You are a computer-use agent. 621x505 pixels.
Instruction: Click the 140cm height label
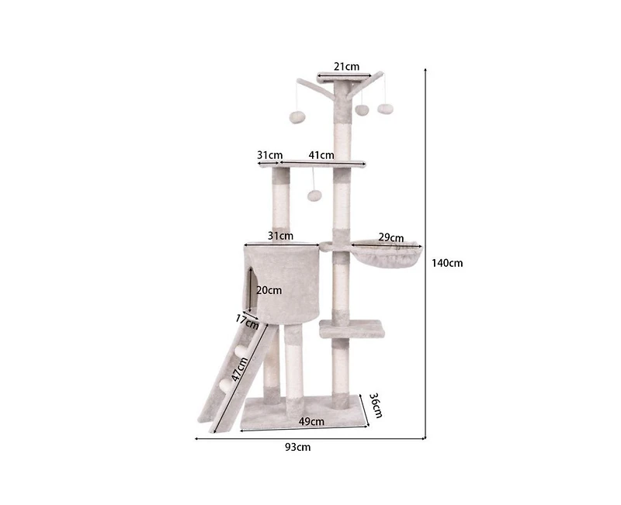pos(447,263)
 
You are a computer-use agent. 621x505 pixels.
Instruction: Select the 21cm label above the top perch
pos(346,67)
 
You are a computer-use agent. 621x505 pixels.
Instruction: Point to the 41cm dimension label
pos(321,155)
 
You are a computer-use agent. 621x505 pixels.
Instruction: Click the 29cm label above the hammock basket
pos(390,237)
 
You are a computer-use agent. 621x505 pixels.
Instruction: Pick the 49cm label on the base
pos(312,421)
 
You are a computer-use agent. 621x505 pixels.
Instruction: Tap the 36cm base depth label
pos(374,405)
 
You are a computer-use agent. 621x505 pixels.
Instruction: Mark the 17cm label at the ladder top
pos(246,319)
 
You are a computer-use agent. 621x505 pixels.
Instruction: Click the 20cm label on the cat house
pos(269,290)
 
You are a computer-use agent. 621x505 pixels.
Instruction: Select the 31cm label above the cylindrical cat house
pos(280,235)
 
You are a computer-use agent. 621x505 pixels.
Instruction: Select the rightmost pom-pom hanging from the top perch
pos(384,109)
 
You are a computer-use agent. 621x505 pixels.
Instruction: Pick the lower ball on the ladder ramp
pos(226,382)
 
